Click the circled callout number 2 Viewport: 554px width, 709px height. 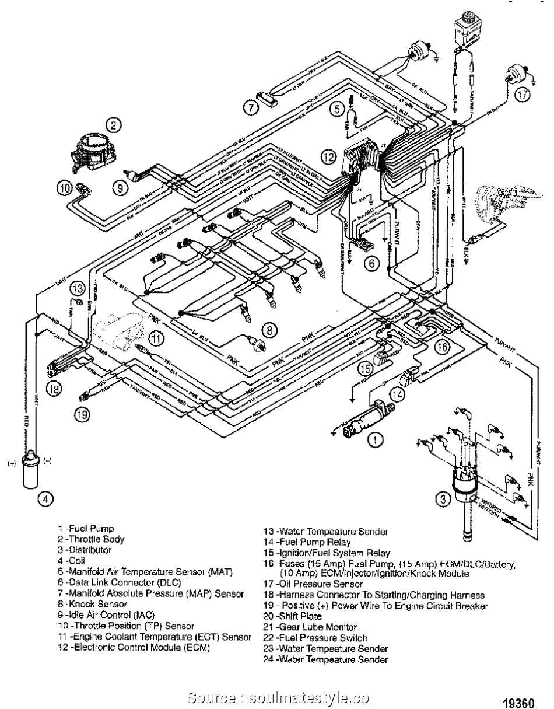click(114, 124)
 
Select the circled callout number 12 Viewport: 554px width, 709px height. click(329, 156)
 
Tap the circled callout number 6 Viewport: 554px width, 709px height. click(371, 263)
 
